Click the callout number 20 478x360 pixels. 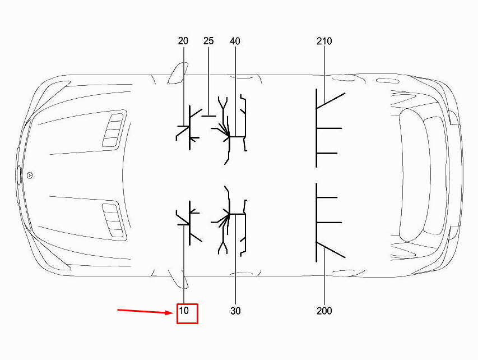(183, 41)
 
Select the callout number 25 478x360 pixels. (208, 41)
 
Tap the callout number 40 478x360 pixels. (235, 41)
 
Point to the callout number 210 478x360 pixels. (324, 41)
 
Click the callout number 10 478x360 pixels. (184, 311)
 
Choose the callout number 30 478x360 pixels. (236, 311)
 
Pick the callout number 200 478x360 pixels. (324, 311)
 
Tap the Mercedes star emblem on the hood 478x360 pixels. (30, 176)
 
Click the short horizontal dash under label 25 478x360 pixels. (209, 116)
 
